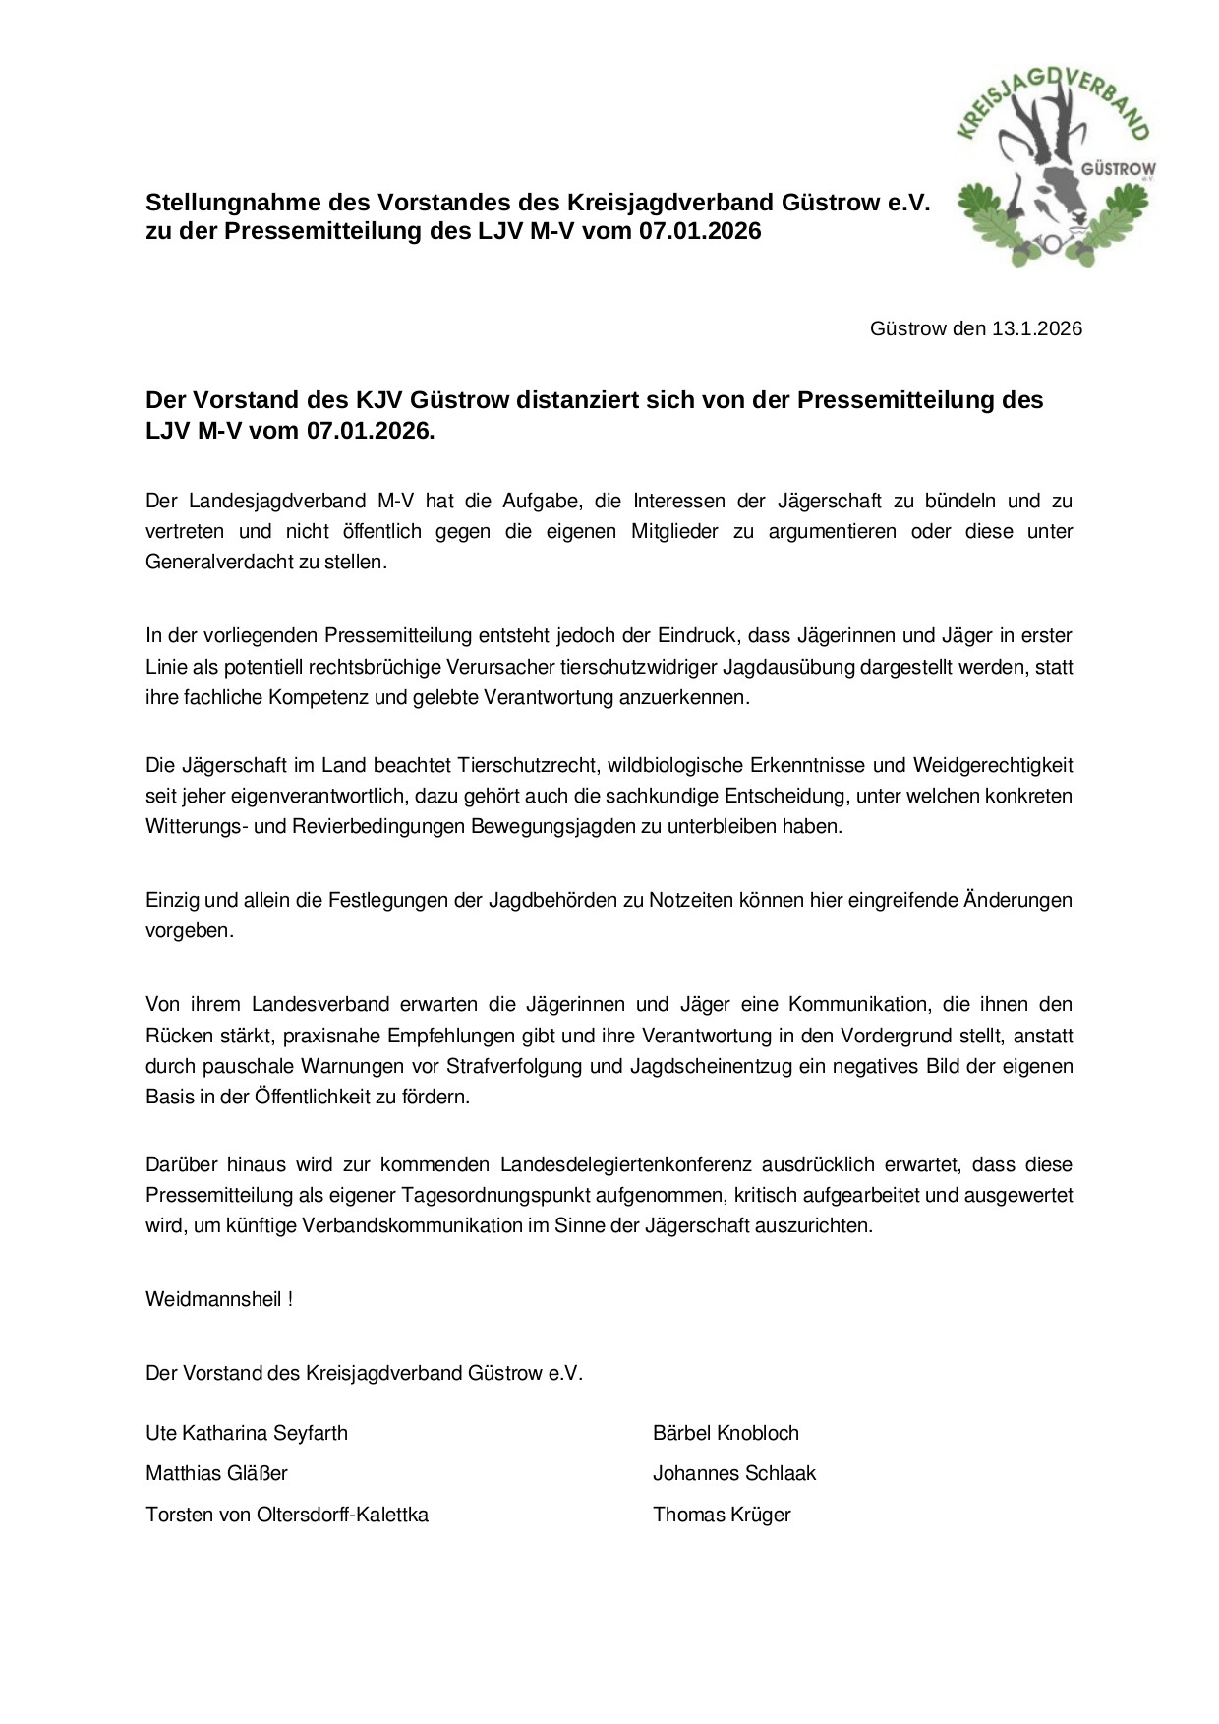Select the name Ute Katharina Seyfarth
247,1433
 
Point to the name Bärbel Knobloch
726,1433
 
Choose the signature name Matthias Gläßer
216,1473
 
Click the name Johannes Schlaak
734,1473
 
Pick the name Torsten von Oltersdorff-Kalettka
287,1515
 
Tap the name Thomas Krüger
722,1515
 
